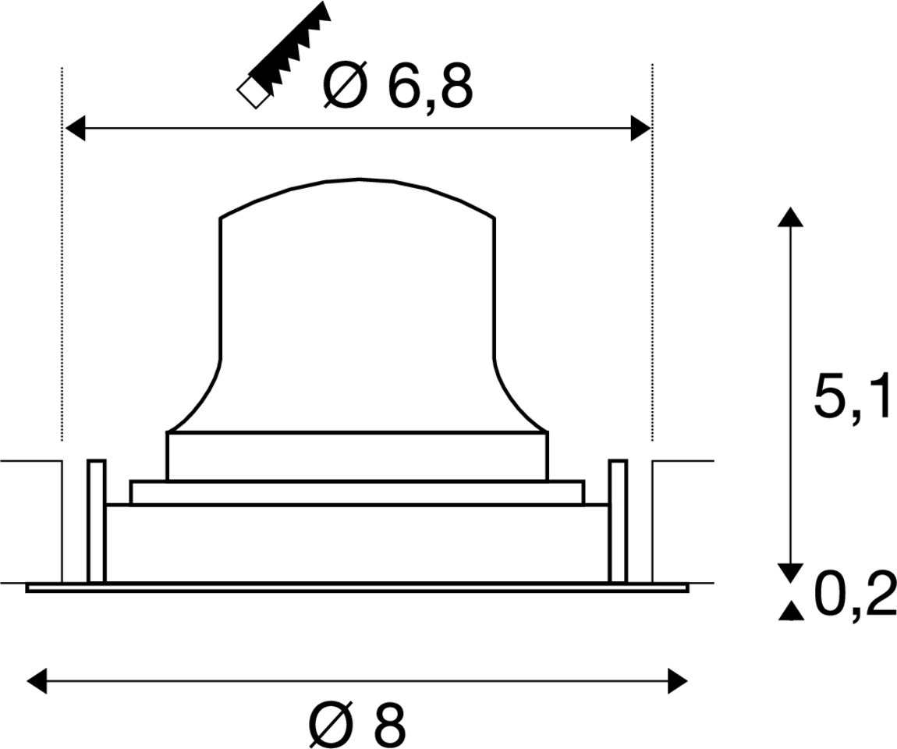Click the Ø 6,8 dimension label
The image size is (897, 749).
399,86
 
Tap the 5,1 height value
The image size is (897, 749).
853,394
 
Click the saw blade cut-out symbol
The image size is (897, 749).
284,55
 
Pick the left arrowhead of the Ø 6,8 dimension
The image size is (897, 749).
76,128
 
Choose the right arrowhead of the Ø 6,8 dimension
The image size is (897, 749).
640,128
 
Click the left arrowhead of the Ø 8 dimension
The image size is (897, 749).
37,681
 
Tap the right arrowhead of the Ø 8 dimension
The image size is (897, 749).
677,681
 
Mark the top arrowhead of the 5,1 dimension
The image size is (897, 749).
791,217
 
